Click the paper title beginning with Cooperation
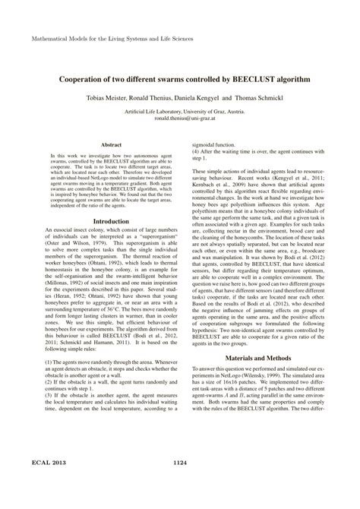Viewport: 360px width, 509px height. click(x=180, y=79)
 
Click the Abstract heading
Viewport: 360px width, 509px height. click(x=112, y=142)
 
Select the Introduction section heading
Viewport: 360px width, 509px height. click(x=112, y=221)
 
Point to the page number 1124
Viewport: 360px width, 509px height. click(x=180, y=484)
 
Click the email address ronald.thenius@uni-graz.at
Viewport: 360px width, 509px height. click(x=180, y=119)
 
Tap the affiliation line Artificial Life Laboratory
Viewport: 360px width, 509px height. click(x=180, y=112)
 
